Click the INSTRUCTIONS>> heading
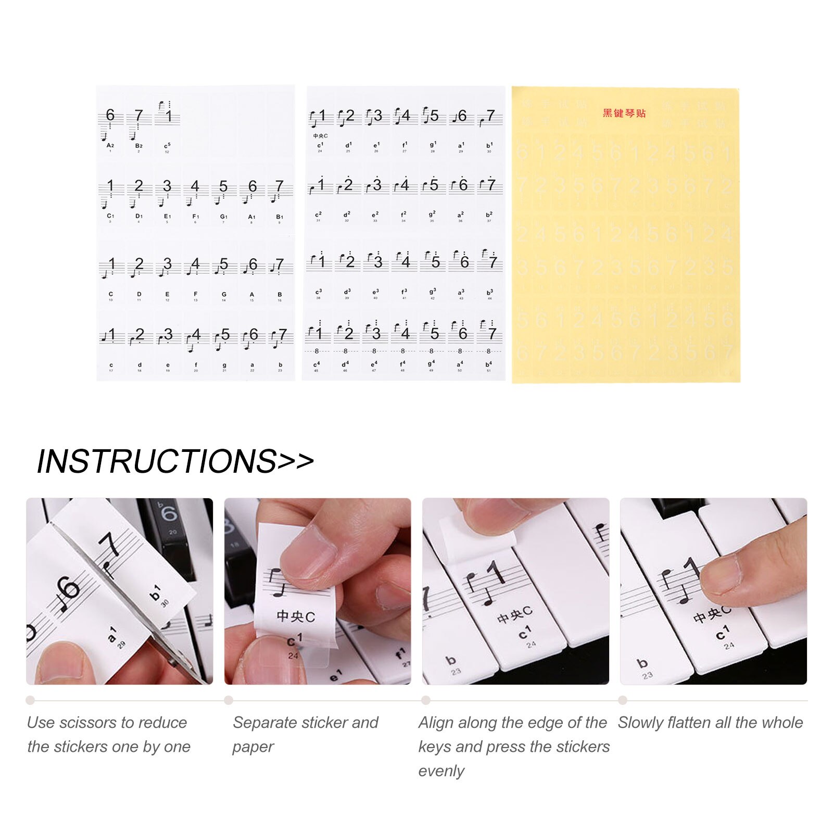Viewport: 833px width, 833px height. coord(175,461)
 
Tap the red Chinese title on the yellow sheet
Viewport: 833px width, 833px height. coord(624,113)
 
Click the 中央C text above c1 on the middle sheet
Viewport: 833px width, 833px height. coord(320,136)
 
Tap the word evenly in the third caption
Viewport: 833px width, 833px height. coord(441,771)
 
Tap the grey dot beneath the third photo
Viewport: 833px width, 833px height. coord(426,700)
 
